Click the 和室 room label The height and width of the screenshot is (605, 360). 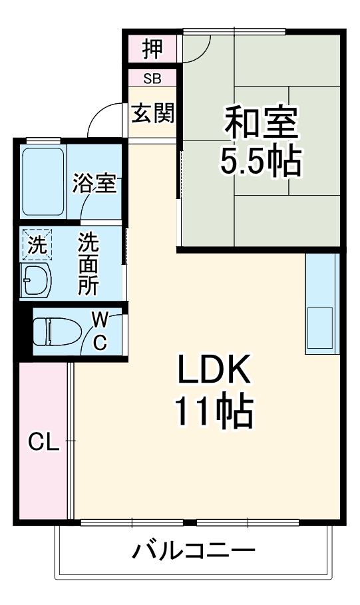coord(261,122)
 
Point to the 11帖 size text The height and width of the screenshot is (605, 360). coord(213,412)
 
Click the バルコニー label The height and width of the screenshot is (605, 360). coord(194,552)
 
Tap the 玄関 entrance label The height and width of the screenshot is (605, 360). coord(153,114)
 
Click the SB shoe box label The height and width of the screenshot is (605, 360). coord(152,79)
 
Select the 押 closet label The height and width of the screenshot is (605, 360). coord(152,48)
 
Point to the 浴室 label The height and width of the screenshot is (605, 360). coord(95,183)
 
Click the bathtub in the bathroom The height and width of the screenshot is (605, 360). coord(43,182)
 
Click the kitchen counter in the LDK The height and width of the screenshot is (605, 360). coord(321,303)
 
